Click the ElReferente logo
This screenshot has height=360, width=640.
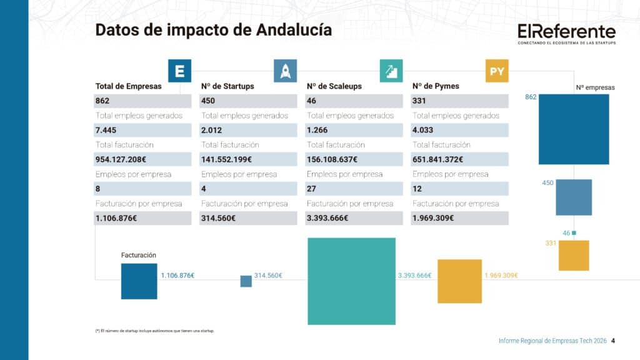click(566, 34)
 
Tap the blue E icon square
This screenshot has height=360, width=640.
click(179, 71)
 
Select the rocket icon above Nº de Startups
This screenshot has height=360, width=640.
click(285, 71)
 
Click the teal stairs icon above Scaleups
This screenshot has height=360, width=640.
click(391, 71)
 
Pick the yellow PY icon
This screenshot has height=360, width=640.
click(497, 71)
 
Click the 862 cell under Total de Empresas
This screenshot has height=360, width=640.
click(143, 101)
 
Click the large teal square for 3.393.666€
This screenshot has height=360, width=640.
click(351, 281)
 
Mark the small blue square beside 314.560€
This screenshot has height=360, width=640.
click(246, 281)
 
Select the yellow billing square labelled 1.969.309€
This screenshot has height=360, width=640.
click(459, 281)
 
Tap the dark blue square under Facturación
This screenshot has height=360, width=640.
click(139, 281)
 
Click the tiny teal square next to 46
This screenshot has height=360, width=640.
click(574, 233)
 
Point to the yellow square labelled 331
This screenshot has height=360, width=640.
click(574, 255)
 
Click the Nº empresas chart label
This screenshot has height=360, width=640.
click(595, 87)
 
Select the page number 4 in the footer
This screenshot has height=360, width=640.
click(613, 341)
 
